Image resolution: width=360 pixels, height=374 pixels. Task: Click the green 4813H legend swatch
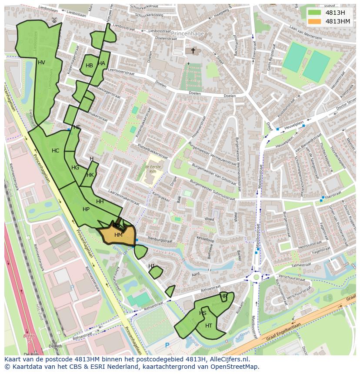pos(315,13)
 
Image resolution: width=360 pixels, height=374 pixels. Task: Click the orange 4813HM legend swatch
pos(315,21)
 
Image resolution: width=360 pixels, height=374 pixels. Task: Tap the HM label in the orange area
pos(118,235)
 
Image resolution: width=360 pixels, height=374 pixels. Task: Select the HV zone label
pos(41,63)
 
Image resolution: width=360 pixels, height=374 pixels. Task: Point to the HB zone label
pos(89,66)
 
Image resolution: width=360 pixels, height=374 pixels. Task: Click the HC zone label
pos(55,151)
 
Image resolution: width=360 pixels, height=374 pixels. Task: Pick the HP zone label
pos(86,209)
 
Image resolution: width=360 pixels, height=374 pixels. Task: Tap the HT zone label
pos(209,326)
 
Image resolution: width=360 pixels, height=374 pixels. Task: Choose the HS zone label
pos(203,313)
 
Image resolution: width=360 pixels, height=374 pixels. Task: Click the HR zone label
pos(223,297)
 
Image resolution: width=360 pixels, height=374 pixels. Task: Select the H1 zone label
pos(151,266)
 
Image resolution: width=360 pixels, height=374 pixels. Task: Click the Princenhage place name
pos(187,33)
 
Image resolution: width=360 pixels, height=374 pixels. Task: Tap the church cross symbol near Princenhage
pos(193,51)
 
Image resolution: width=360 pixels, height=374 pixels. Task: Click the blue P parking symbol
pos(167,345)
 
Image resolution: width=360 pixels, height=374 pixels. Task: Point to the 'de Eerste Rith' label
pos(153,169)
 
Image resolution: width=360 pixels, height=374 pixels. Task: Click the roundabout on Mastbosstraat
pos(257,276)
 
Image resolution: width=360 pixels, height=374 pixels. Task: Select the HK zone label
pos(90,175)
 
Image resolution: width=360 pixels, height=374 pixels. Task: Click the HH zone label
pos(100,202)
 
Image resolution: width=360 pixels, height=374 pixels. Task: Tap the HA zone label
pos(101,63)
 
